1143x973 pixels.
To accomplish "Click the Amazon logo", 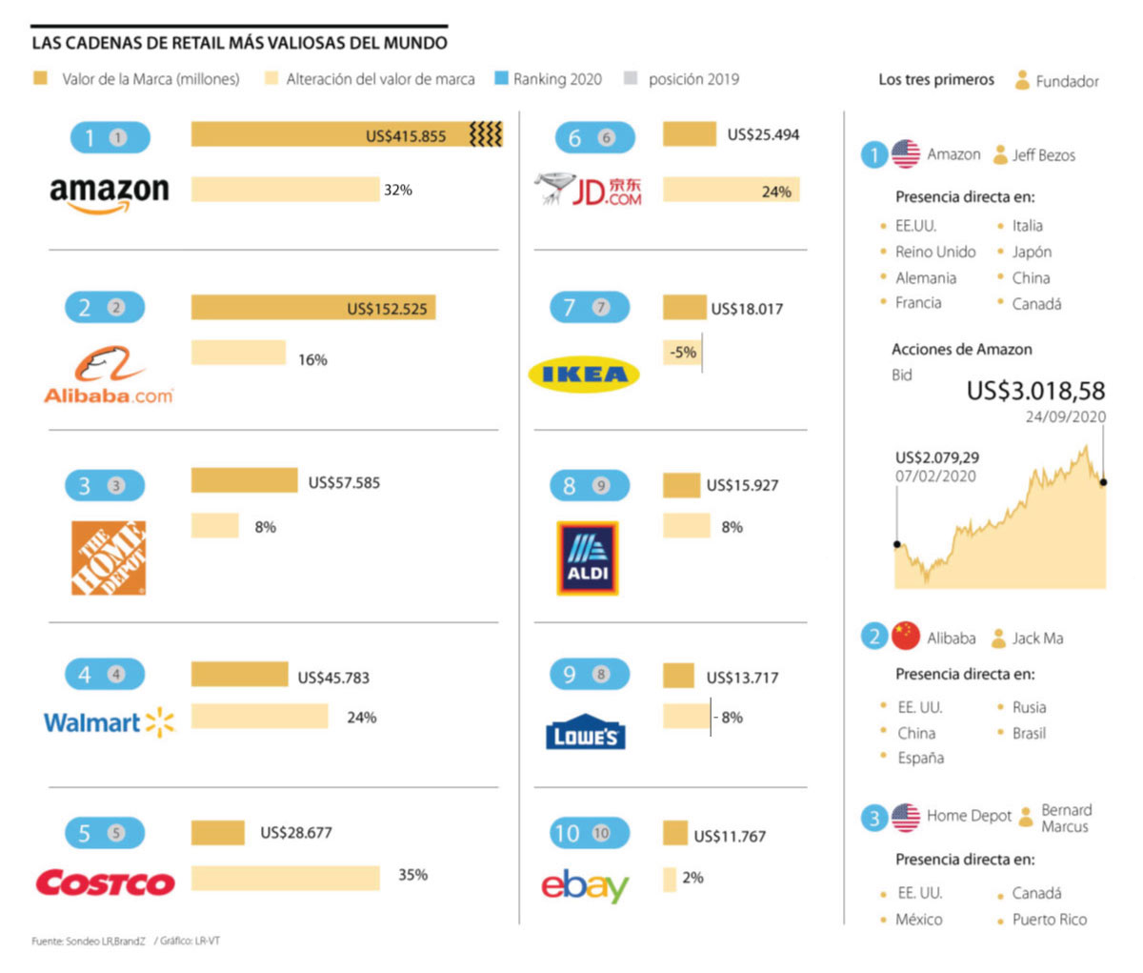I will (x=109, y=193).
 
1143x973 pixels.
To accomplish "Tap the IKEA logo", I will (x=584, y=375).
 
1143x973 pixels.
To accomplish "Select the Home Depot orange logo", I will (x=109, y=557).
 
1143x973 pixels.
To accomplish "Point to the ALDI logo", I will (x=588, y=558).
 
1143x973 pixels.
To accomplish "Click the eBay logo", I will (x=585, y=886).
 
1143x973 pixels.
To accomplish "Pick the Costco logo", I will (x=105, y=882).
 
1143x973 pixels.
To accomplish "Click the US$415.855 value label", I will (x=406, y=136).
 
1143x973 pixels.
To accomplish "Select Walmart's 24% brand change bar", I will (x=259, y=717).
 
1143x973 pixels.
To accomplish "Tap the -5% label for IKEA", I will (x=683, y=353).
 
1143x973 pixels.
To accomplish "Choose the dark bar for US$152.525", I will (x=312, y=308).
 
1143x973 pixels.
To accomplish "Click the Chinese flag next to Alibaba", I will (x=906, y=637).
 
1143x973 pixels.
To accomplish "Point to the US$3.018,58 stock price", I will (x=1035, y=391).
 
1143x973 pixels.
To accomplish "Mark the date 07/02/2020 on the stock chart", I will (x=935, y=476).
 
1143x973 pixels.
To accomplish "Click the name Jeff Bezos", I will (x=1043, y=155).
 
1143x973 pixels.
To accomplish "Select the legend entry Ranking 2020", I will (x=556, y=79).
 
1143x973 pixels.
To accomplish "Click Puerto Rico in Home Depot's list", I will (x=1049, y=920).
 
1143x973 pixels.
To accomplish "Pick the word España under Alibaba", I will (x=920, y=759).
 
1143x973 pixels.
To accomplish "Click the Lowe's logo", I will (x=586, y=732).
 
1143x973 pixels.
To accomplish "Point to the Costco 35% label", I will (x=412, y=875).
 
